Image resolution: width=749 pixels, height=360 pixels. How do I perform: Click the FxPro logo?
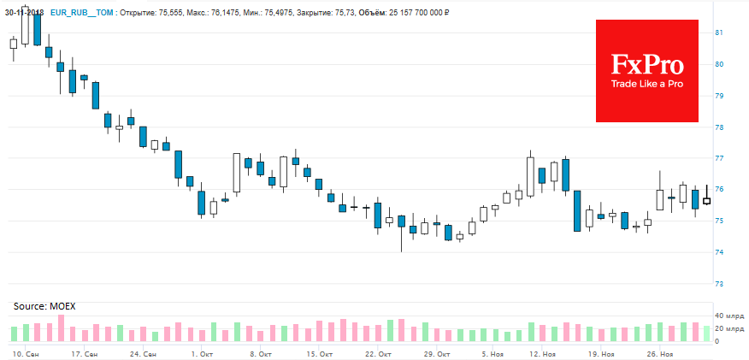click(646, 71)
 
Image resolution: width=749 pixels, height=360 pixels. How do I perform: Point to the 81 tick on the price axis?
click(718, 32)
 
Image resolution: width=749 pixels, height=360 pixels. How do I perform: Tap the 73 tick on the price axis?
click(718, 284)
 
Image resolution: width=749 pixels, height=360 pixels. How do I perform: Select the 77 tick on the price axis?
click(718, 158)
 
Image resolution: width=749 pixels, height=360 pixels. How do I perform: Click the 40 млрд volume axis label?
click(729, 316)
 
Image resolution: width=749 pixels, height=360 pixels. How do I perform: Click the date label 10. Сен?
click(24, 353)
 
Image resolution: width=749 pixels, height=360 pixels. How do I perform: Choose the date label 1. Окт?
click(202, 353)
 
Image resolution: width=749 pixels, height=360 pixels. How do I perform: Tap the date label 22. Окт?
click(378, 353)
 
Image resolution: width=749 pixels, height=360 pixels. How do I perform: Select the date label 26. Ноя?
click(660, 353)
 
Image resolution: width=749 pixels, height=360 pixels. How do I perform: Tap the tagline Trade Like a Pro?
click(646, 84)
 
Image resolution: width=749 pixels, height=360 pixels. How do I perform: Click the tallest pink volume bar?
click(61, 328)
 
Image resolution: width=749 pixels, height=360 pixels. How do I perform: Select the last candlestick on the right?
click(707, 200)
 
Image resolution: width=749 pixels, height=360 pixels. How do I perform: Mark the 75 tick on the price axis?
click(718, 221)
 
